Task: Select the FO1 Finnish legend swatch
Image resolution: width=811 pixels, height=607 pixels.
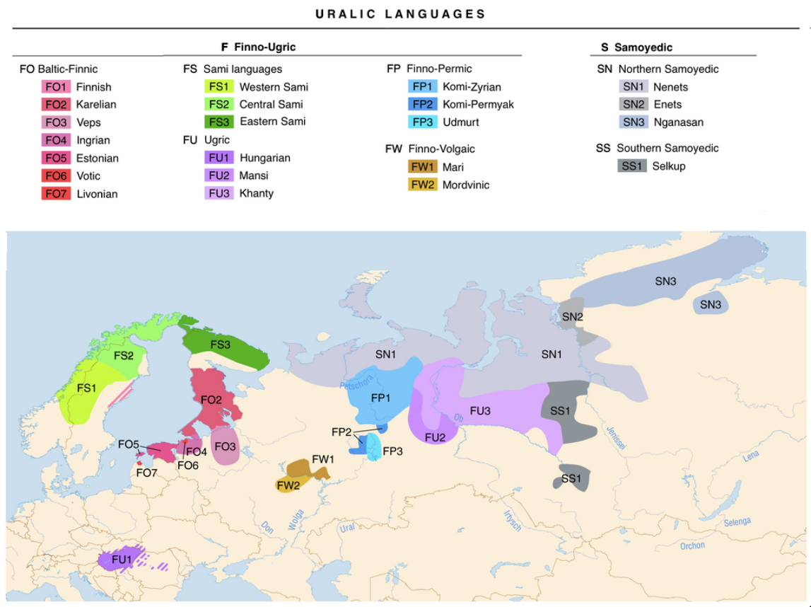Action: (56, 87)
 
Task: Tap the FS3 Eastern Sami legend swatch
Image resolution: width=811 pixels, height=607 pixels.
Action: (219, 121)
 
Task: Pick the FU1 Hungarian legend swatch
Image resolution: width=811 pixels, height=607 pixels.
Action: (219, 158)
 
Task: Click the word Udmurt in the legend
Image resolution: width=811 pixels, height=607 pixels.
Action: (461, 122)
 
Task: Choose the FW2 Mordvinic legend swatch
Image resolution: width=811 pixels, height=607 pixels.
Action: (423, 185)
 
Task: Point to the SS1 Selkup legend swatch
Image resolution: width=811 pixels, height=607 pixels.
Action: (631, 166)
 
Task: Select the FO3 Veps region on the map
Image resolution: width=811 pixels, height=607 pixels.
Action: (225, 447)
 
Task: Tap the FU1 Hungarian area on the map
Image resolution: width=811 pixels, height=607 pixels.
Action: (121, 560)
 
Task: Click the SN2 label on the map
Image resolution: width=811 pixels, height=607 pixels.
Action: (573, 316)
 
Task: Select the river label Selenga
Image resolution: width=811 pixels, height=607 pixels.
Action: (737, 522)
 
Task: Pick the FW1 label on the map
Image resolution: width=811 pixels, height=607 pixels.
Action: (322, 459)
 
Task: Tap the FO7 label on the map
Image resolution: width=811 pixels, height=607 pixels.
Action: (146, 473)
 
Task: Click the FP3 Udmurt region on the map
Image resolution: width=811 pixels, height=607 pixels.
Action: (373, 450)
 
